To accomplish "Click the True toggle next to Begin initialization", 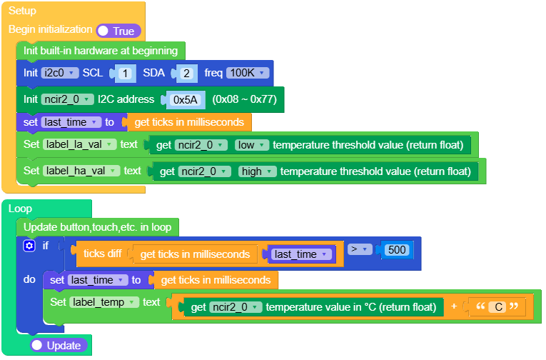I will click(118, 31).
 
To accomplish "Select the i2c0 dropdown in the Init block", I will click(59, 73).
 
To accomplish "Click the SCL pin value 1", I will click(125, 73).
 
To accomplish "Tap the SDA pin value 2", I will click(186, 73).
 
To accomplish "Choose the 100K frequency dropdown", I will click(247, 73).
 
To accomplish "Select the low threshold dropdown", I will click(252, 145).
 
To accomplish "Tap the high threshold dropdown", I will click(256, 171).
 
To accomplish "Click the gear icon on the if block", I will click(29, 246).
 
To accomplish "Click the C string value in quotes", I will click(500, 307).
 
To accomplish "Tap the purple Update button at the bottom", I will click(59, 345).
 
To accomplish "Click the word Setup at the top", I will click(22, 11).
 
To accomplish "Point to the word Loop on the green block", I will click(20, 209).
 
